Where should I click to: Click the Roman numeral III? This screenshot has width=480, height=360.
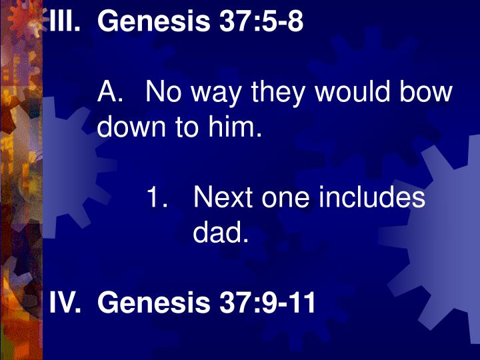pyautogui.click(x=66, y=22)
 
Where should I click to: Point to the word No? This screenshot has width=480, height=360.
pyautogui.click(x=164, y=91)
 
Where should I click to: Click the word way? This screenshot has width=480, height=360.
pyautogui.click(x=218, y=93)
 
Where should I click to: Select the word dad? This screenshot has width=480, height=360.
pyautogui.click(x=221, y=233)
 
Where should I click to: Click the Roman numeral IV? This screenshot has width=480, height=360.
pyautogui.click(x=65, y=303)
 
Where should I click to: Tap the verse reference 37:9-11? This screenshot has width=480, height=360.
pyautogui.click(x=266, y=303)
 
